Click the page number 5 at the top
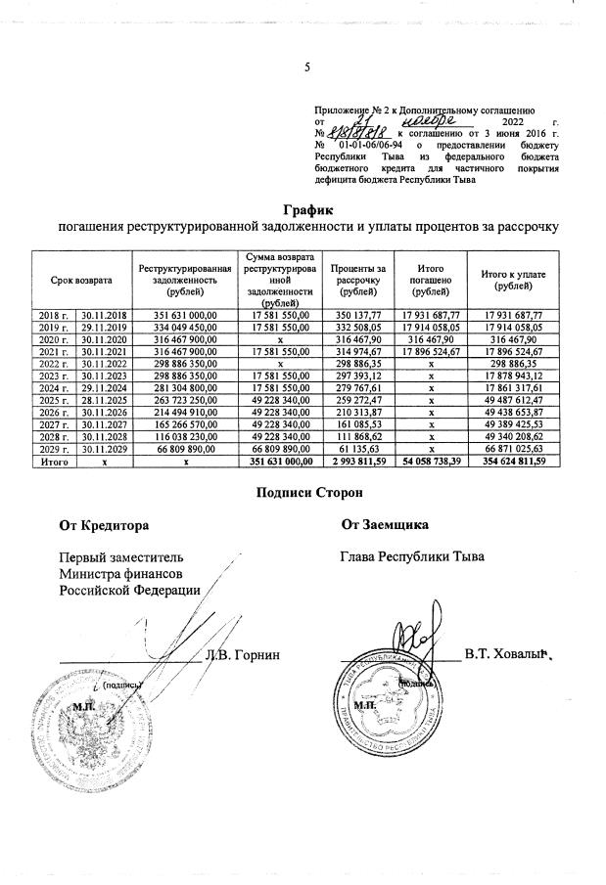point(307,67)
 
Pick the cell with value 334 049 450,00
point(184,329)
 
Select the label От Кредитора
point(104,525)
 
